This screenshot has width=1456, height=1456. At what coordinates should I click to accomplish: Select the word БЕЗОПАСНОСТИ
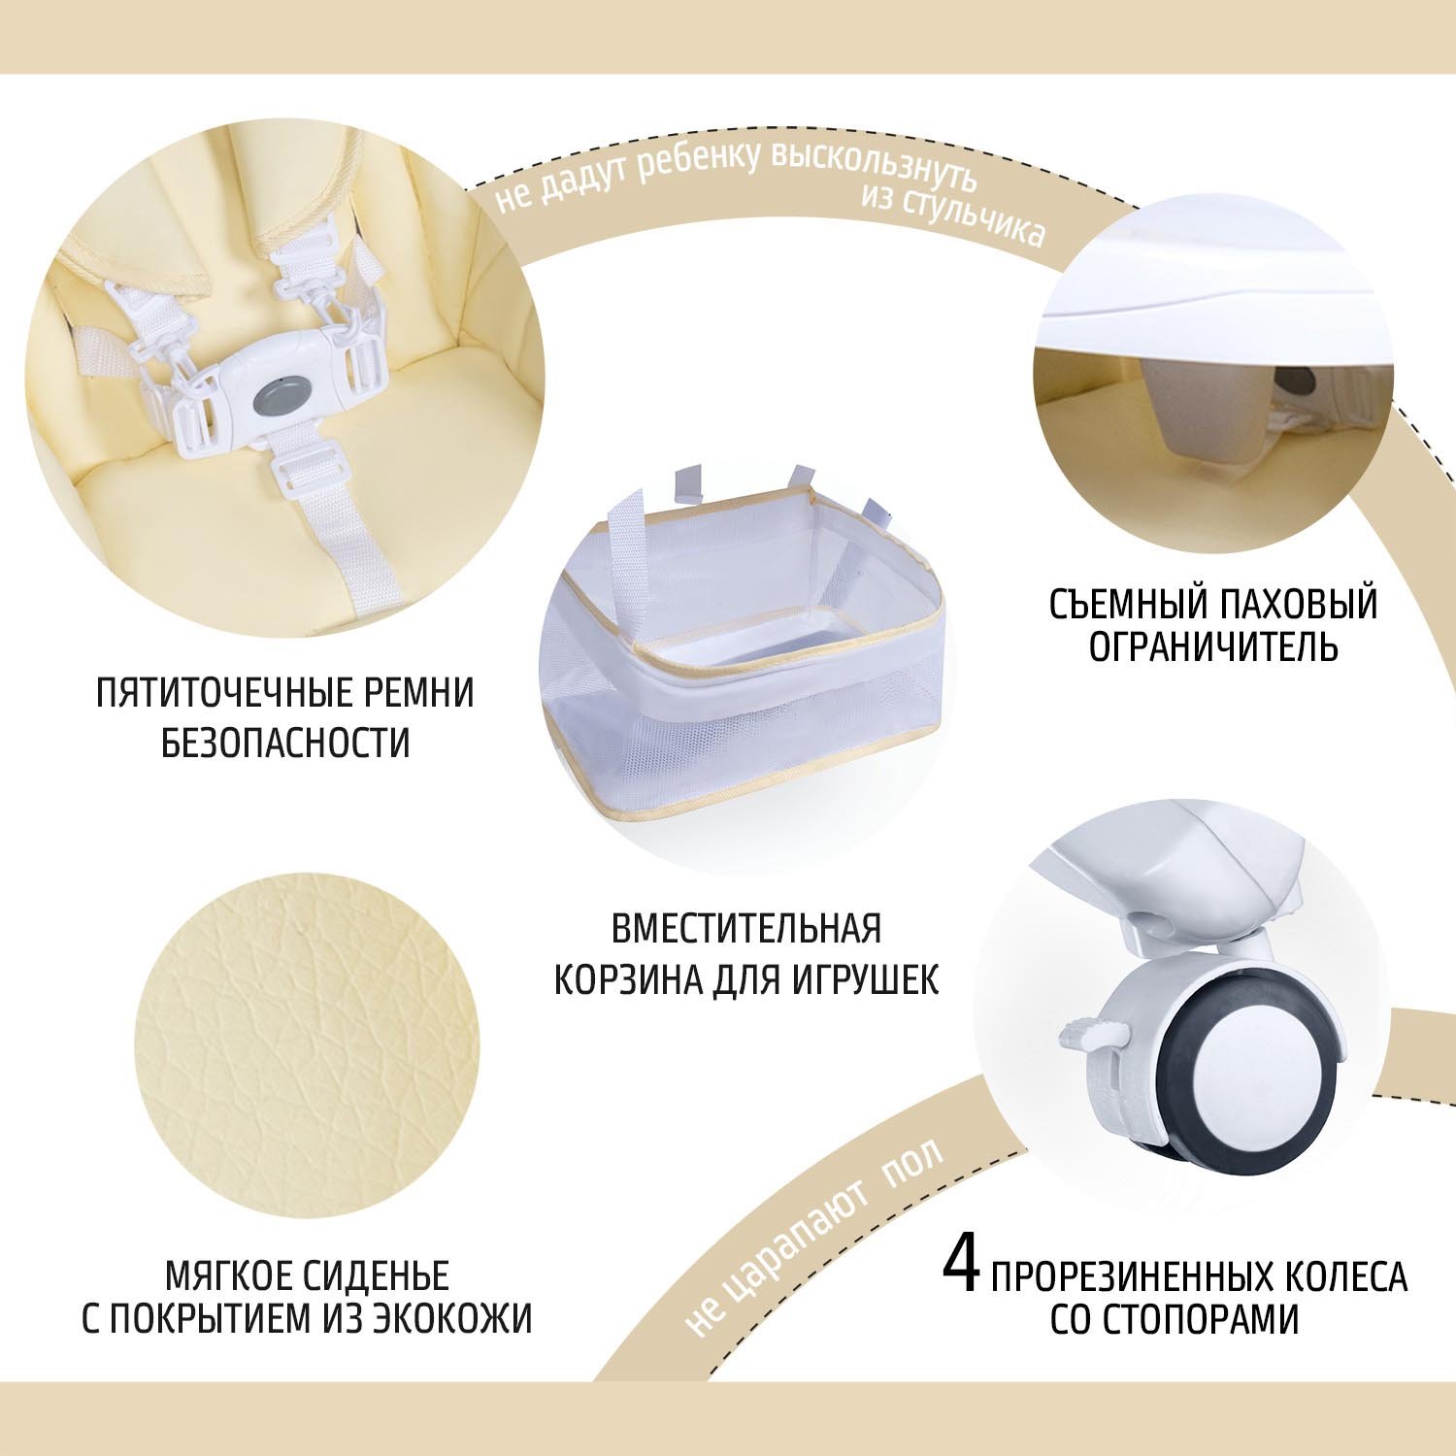[x=285, y=744]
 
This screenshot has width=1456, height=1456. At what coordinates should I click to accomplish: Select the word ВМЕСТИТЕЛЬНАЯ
[x=746, y=929]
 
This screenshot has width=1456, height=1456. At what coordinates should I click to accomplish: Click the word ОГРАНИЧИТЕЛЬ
[x=1213, y=645]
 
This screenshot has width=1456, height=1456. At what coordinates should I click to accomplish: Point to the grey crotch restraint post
[x=1208, y=408]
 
